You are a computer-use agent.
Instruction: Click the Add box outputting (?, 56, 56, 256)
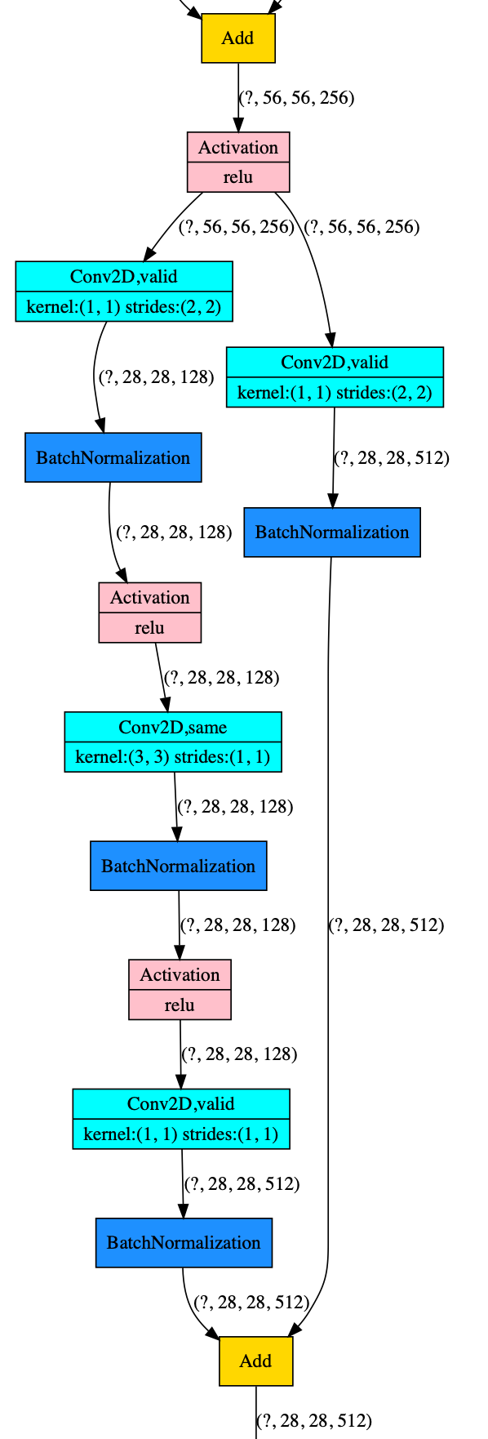point(238,38)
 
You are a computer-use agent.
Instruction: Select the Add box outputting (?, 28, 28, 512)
point(255,1361)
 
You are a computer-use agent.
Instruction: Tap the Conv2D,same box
point(173,742)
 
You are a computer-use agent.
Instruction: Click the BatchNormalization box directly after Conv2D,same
point(178,866)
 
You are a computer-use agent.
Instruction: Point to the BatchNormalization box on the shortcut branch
point(332,532)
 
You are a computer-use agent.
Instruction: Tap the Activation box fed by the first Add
point(238,162)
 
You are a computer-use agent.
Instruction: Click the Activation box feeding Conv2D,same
point(150,613)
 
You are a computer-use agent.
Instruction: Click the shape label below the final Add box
point(314,1420)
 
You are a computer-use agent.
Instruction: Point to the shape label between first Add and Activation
point(296,98)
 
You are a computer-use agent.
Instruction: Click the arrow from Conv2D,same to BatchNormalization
point(175,806)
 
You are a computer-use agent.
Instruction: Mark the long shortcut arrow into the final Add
point(328,947)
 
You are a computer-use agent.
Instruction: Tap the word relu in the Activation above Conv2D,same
point(149,628)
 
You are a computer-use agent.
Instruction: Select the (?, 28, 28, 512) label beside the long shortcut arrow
point(386,925)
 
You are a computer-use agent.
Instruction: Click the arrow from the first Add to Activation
point(238,97)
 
